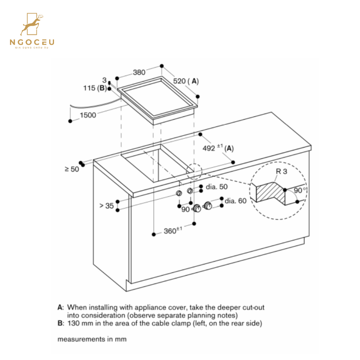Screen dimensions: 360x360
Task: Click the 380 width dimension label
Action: (x=139, y=72)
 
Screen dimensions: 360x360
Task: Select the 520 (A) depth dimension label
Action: (x=186, y=81)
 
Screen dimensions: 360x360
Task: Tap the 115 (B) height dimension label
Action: (x=95, y=88)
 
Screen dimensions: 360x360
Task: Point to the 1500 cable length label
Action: (x=88, y=115)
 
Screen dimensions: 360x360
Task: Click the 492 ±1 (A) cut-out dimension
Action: (x=218, y=148)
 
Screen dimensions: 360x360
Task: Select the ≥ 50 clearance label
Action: (x=72, y=169)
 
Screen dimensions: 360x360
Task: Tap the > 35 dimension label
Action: (x=106, y=206)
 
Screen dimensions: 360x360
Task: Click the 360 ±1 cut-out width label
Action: (x=173, y=231)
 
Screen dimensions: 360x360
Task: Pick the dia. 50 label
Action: (x=216, y=187)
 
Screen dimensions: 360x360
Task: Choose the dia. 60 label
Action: (x=236, y=201)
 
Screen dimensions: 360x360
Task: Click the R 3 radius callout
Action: (x=281, y=172)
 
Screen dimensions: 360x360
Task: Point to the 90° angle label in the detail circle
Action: (x=300, y=191)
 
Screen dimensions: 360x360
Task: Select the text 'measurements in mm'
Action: (x=92, y=339)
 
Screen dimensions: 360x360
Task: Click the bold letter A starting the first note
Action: (x=60, y=308)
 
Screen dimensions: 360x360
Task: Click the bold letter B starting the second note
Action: (x=60, y=323)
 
